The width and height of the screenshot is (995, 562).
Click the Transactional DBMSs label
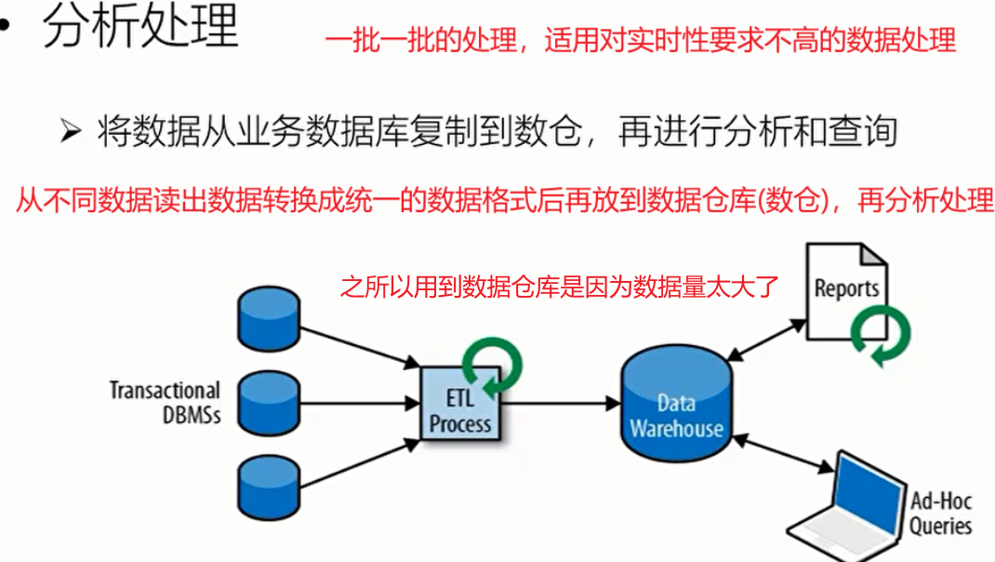[x=165, y=402]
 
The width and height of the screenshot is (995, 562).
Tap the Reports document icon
[x=844, y=289]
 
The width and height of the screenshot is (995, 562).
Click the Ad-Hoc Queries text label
[x=939, y=514]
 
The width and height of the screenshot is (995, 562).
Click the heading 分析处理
[x=140, y=29]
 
